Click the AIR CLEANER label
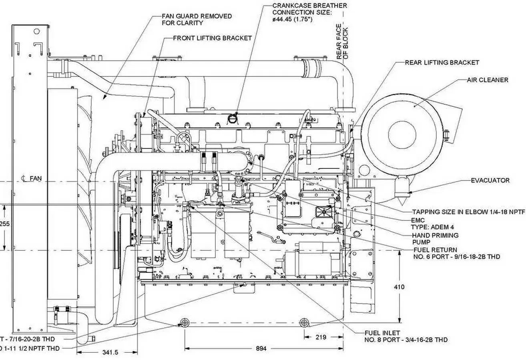tap(487, 80)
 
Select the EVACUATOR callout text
tap(490, 180)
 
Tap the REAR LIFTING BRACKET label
tap(442, 63)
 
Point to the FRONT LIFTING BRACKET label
tap(212, 38)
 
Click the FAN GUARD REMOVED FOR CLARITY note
tap(197, 20)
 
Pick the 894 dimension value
tap(261, 348)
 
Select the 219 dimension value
tap(321, 337)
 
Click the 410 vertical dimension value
tap(399, 287)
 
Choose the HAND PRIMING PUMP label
tap(435, 238)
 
